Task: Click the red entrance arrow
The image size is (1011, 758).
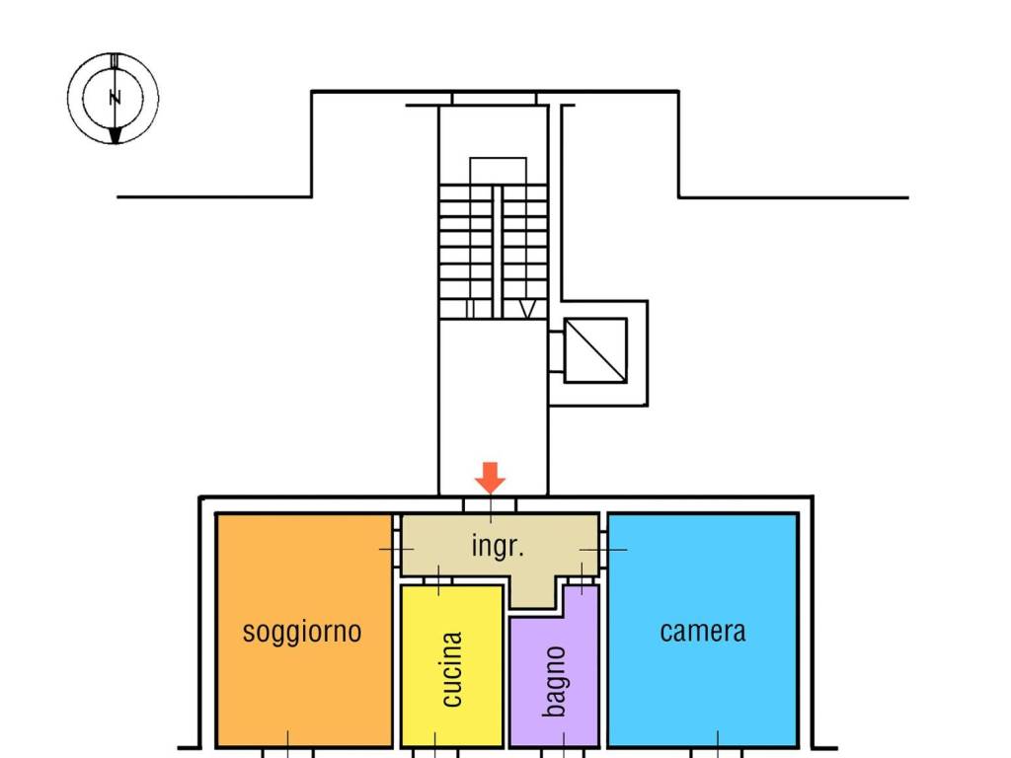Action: point(490,478)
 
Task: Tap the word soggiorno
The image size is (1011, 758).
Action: point(302,631)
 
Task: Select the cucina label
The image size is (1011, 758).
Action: point(451,669)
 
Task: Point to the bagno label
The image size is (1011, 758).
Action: point(555,681)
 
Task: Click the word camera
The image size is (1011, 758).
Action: point(703,631)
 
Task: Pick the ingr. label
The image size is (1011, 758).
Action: point(497,546)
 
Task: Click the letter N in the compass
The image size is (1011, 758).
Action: point(115,98)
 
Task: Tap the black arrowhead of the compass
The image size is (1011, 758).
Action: point(116,134)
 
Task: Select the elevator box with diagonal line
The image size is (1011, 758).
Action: point(595,349)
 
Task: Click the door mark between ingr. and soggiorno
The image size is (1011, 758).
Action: point(395,548)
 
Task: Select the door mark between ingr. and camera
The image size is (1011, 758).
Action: point(602,548)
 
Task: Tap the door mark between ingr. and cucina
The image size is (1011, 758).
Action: point(438,581)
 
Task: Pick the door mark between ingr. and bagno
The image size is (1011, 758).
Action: point(583,580)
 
